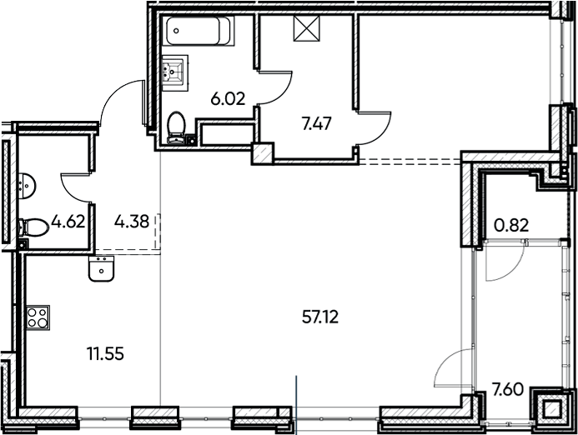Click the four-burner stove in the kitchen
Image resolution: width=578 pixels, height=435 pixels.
pos(38,317)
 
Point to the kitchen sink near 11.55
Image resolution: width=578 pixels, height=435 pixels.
pos(102,268)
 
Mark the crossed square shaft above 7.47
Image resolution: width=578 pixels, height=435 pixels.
pos(304,30)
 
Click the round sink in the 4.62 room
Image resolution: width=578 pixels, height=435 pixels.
pos(27,185)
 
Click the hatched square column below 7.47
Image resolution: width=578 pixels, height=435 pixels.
pos(262,153)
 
